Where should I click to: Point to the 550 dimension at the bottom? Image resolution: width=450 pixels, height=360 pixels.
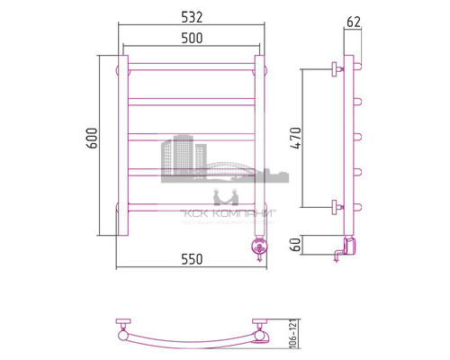[191, 259]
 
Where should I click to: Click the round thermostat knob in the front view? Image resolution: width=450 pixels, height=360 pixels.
[260, 243]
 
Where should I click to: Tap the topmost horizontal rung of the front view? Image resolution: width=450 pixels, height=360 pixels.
[191, 66]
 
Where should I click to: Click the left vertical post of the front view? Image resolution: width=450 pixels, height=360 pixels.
[119, 144]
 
